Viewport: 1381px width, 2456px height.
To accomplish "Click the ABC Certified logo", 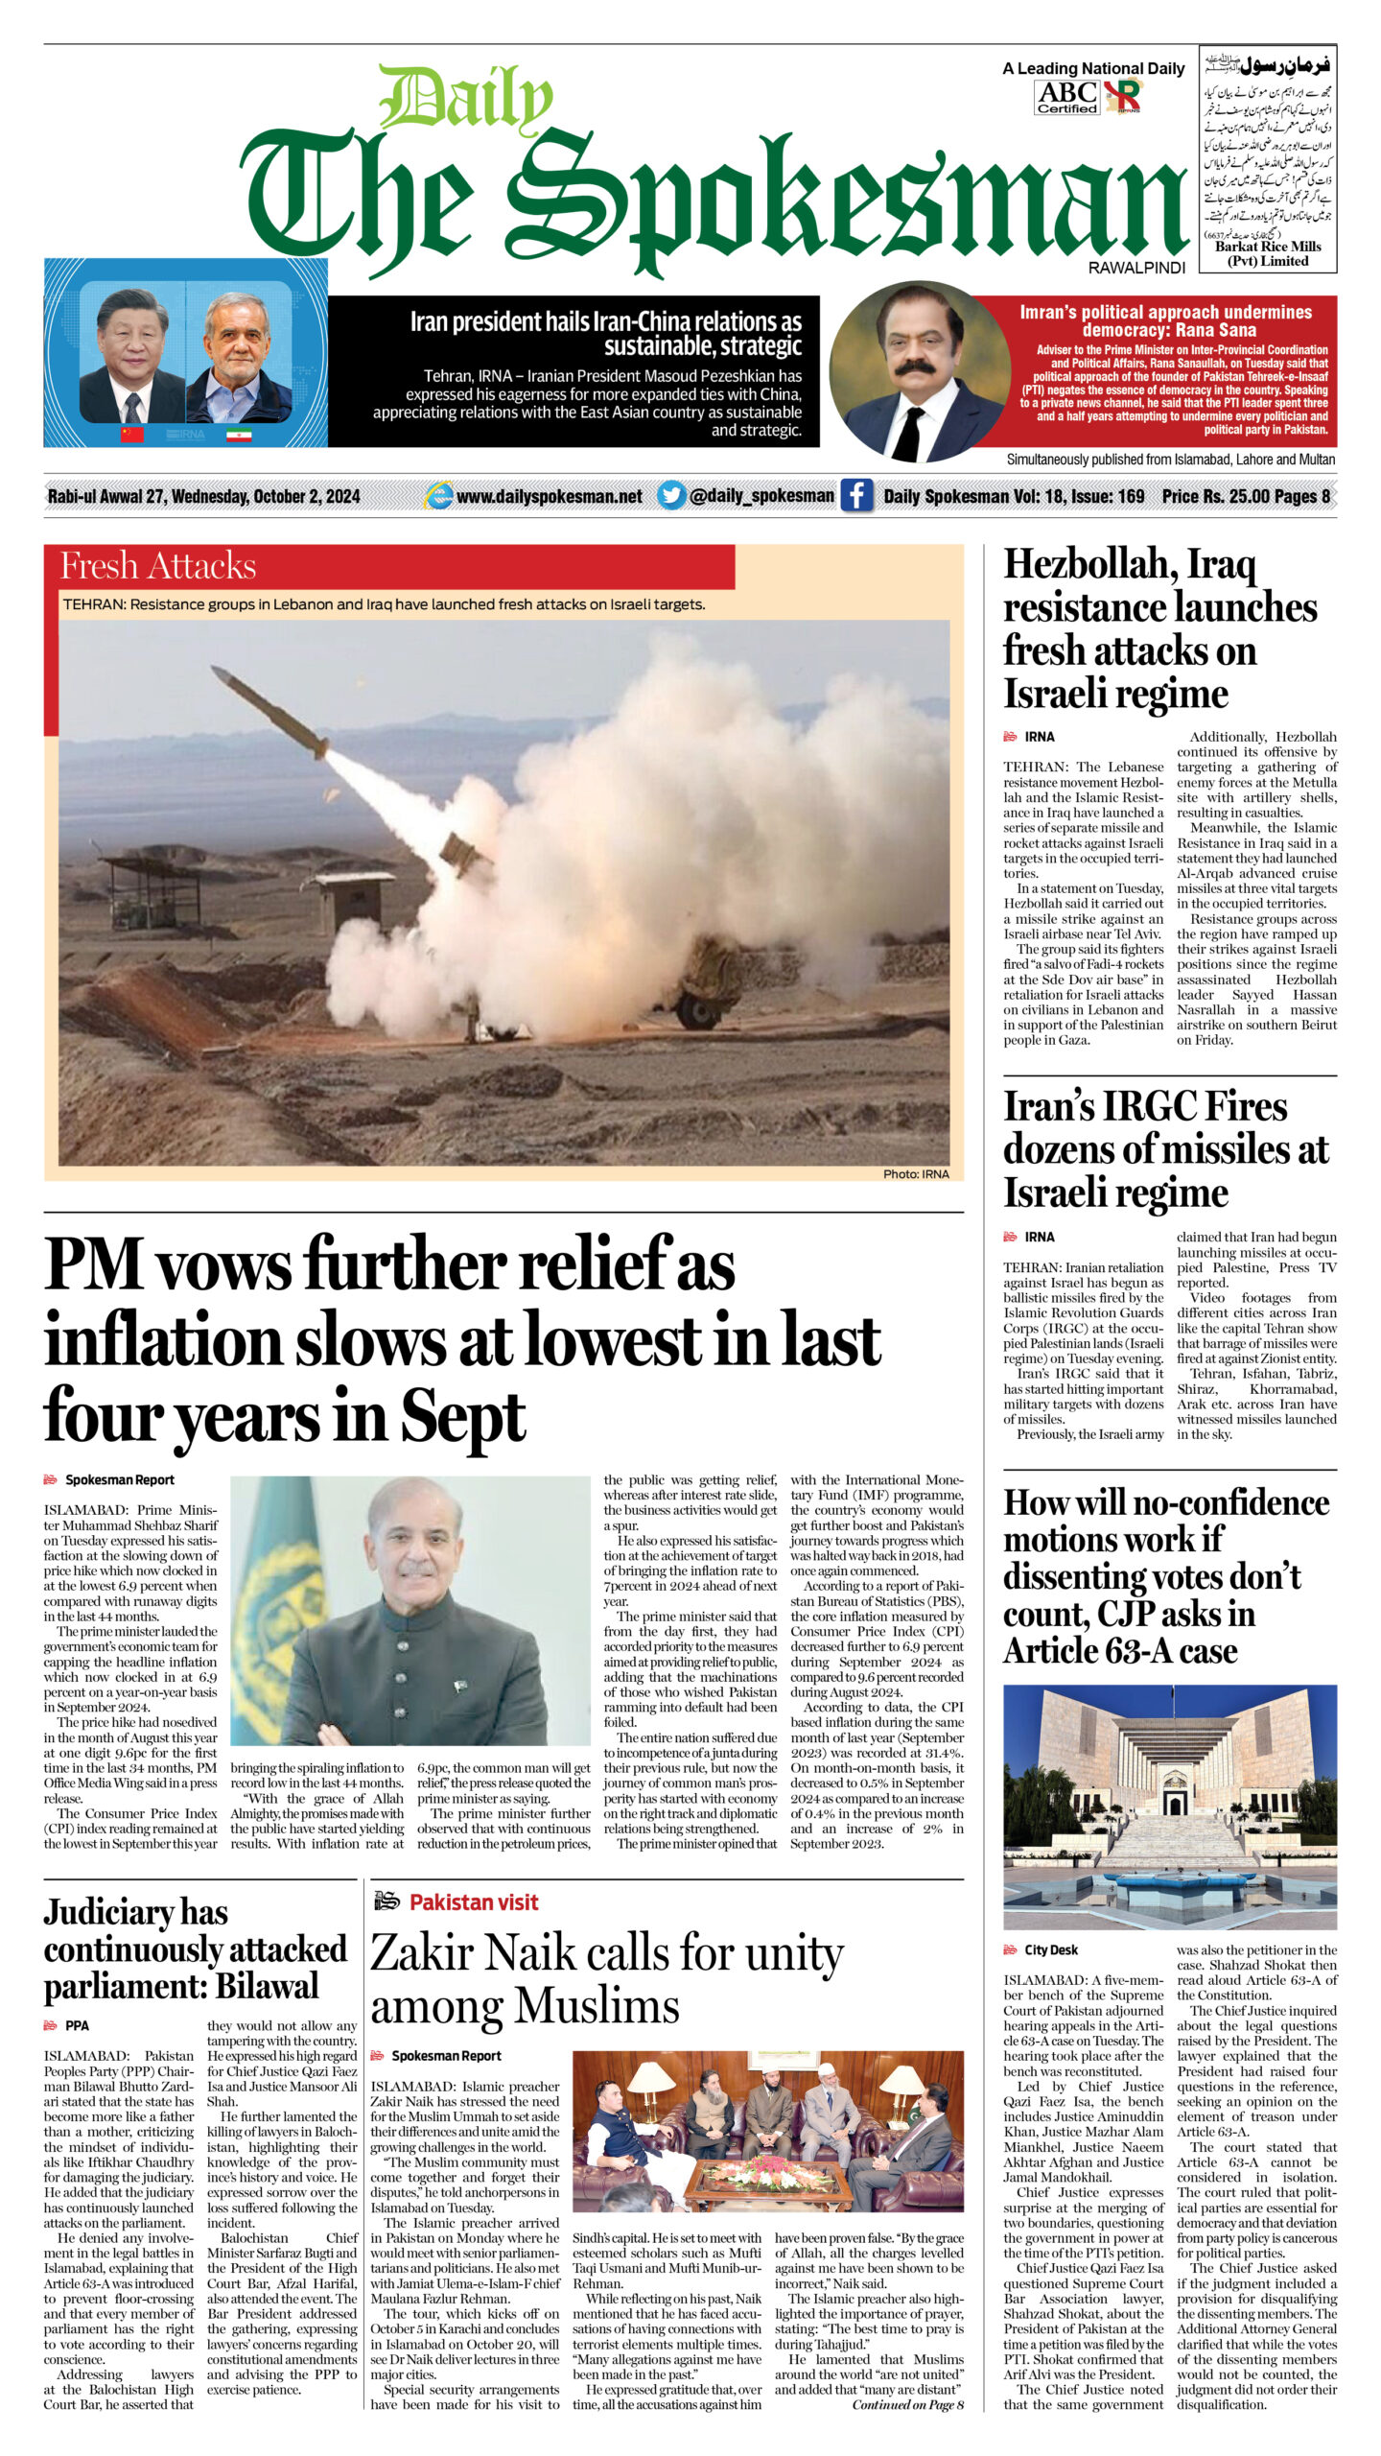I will click(x=1066, y=97).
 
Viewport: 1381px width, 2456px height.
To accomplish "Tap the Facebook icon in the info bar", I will click(x=856, y=496).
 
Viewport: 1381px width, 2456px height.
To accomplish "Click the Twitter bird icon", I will click(x=671, y=495).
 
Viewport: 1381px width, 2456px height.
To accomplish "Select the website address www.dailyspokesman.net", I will click(x=549, y=496).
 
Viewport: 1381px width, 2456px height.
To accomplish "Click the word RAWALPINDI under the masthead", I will click(x=1136, y=269).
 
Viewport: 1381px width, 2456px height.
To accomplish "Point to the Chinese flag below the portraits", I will click(x=131, y=435).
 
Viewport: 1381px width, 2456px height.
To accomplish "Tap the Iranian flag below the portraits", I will click(x=239, y=435).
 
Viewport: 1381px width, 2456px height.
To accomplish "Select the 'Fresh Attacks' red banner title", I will click(x=158, y=566).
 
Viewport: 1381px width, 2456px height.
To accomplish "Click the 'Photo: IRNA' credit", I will click(x=916, y=1173).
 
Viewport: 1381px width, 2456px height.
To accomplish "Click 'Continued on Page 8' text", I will click(x=907, y=2404).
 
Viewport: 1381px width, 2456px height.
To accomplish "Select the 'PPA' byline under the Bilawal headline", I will click(x=77, y=2025).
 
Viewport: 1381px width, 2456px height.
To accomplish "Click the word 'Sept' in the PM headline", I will click(x=463, y=1418).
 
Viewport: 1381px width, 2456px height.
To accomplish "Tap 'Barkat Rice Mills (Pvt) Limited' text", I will click(x=1268, y=253).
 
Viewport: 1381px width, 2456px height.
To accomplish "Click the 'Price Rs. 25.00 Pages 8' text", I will click(x=1245, y=496).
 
